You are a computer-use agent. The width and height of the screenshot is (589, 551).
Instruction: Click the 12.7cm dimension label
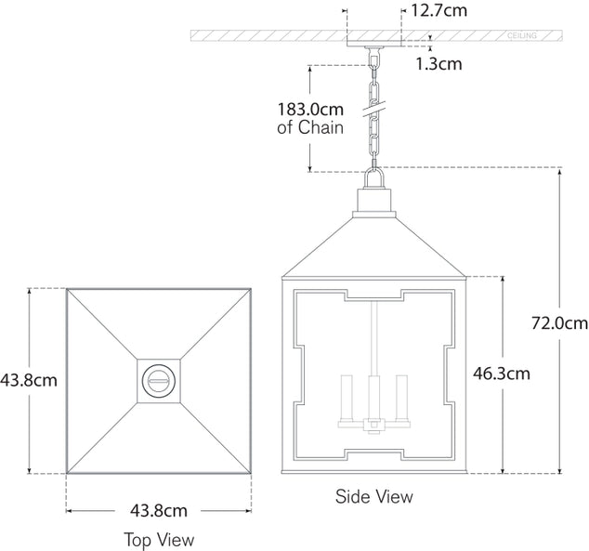coord(439,12)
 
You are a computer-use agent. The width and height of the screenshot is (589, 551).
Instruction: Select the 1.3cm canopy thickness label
coord(438,64)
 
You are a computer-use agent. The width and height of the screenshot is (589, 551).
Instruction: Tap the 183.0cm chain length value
coord(310,109)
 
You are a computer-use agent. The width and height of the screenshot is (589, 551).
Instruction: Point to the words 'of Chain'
coord(310,128)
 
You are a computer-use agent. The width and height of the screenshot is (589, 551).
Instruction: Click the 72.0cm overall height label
coord(559,323)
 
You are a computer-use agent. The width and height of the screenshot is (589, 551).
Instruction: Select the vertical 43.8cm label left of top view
coord(29,379)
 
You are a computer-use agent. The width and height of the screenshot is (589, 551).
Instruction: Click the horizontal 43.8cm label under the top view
coord(159,510)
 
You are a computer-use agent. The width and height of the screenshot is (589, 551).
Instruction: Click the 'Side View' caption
coord(374,497)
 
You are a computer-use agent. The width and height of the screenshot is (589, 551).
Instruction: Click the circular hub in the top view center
coord(159,380)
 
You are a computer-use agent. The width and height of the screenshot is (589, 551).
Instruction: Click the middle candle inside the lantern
coord(374,395)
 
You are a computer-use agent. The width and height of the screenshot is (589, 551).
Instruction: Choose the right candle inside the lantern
coord(401,394)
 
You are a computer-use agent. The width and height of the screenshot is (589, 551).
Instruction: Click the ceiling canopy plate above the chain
coord(374,44)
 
